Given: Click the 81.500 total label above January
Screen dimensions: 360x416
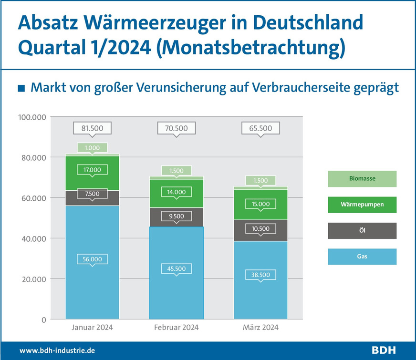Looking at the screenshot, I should point(92,128).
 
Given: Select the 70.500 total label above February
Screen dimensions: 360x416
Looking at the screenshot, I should point(177,128).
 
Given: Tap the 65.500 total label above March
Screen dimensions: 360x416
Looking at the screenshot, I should point(260,128).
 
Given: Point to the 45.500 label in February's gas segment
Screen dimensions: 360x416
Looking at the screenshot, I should point(177,268).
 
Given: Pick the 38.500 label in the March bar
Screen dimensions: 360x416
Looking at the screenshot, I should point(260,275).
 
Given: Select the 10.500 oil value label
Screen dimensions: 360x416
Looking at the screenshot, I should point(260,229).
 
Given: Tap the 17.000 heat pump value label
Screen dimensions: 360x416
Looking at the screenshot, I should point(92,169).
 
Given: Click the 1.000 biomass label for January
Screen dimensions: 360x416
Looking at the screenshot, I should point(92,148).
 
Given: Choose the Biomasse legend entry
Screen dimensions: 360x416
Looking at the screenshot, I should point(362,179).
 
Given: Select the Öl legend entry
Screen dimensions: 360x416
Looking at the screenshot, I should point(362,231).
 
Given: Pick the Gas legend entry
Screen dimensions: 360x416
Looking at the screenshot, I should point(362,257).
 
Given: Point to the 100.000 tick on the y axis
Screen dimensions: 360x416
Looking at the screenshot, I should point(32,117).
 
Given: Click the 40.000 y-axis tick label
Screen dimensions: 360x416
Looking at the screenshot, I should point(33,238).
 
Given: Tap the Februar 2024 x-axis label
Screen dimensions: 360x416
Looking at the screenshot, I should point(177,328).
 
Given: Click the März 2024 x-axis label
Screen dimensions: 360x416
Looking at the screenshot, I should point(260,328).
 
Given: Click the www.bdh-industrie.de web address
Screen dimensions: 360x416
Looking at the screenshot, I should point(57,350).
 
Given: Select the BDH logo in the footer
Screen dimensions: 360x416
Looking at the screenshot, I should point(384,350).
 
